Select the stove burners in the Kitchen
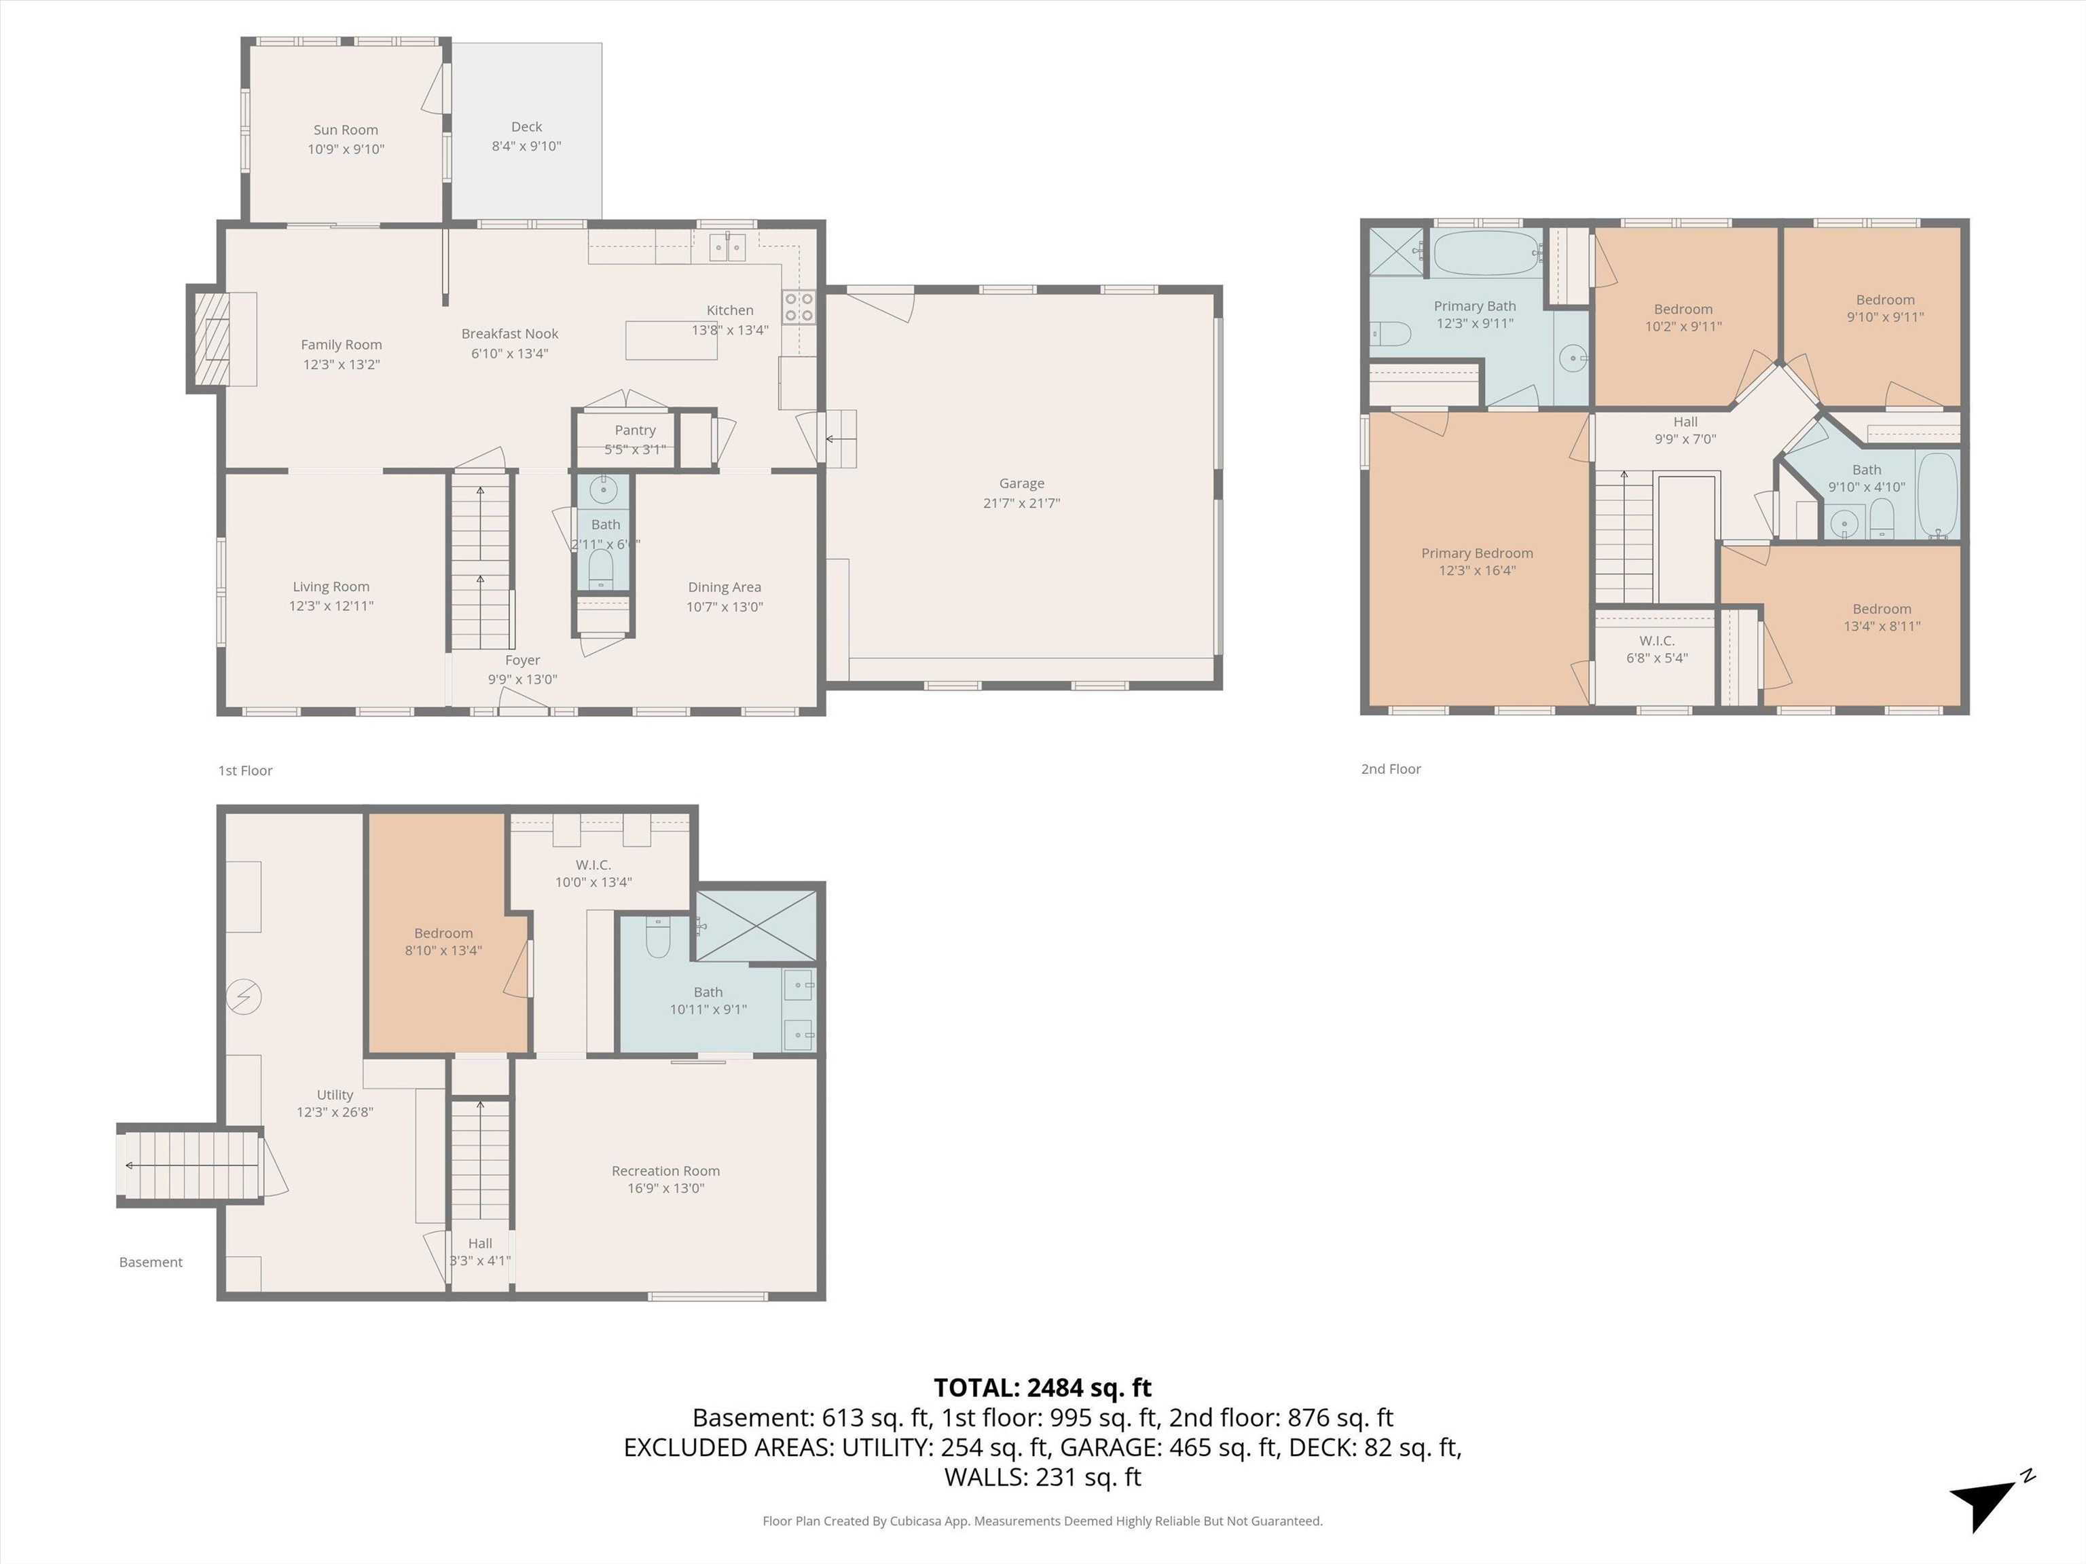pyautogui.click(x=798, y=308)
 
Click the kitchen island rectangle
pyautogui.click(x=670, y=340)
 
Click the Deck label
pyautogui.click(x=526, y=126)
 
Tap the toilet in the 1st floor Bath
pyautogui.click(x=601, y=568)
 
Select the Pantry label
pyautogui.click(x=635, y=430)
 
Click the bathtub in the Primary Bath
pyautogui.click(x=1486, y=253)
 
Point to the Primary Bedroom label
pyautogui.click(x=1477, y=553)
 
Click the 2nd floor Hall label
pyautogui.click(x=1685, y=422)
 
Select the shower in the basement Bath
pyautogui.click(x=755, y=926)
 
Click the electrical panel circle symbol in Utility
pyautogui.click(x=244, y=997)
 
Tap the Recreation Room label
pyautogui.click(x=665, y=1171)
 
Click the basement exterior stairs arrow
pyautogui.click(x=129, y=1166)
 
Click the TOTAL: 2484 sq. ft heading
pyautogui.click(x=1042, y=1388)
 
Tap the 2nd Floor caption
pyautogui.click(x=1390, y=769)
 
